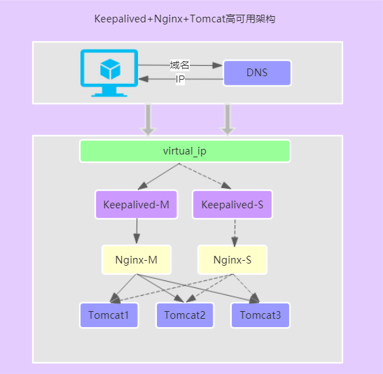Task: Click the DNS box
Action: pos(257,73)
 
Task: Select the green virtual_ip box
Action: pos(185,151)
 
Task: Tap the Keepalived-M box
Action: pos(136,205)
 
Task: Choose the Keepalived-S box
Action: pos(232,205)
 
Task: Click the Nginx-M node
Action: pos(136,260)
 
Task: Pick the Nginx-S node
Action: pos(232,260)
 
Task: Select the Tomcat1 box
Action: pos(109,315)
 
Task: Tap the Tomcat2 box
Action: pos(185,315)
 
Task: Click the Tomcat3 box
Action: pos(260,315)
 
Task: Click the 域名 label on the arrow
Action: pos(180,65)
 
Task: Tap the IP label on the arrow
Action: pos(180,80)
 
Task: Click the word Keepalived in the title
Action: pos(119,19)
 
